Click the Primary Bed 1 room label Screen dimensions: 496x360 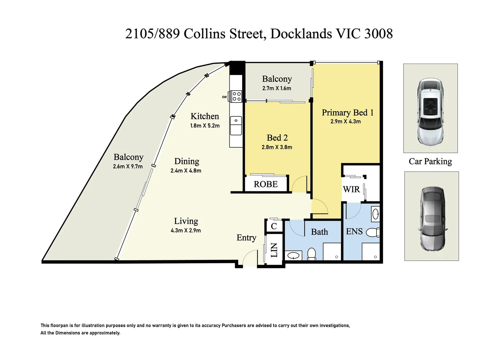(348, 113)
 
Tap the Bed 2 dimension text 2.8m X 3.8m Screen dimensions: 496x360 (277, 147)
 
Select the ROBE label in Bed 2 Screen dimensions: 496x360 (266, 184)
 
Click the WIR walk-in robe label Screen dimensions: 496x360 (352, 189)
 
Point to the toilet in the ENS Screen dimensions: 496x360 (373, 232)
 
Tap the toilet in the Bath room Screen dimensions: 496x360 (312, 254)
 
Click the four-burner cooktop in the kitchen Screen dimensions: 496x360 (236, 96)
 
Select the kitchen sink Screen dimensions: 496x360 (236, 125)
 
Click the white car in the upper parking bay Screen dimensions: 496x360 (431, 111)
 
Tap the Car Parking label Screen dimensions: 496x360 (430, 162)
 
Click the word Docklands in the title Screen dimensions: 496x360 (301, 34)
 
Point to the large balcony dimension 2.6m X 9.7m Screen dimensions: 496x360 (128, 166)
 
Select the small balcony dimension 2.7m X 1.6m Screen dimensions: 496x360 (277, 88)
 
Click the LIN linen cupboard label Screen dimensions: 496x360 (274, 250)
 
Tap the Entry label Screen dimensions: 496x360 (246, 238)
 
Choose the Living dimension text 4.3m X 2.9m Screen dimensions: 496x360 (186, 230)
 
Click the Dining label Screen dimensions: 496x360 (187, 161)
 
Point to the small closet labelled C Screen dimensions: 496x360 (274, 226)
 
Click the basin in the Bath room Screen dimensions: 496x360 (293, 256)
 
